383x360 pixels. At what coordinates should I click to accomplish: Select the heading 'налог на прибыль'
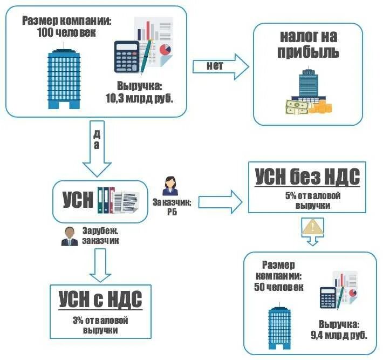tap(309, 45)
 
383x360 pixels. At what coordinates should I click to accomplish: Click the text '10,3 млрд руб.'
tap(139, 98)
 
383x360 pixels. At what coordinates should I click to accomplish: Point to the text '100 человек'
tap(66, 32)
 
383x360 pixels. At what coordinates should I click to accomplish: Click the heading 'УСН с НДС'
tap(100, 299)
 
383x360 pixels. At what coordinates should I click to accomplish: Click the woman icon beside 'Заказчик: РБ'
tap(170, 185)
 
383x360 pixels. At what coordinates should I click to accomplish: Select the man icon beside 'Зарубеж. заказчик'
tap(69, 236)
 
